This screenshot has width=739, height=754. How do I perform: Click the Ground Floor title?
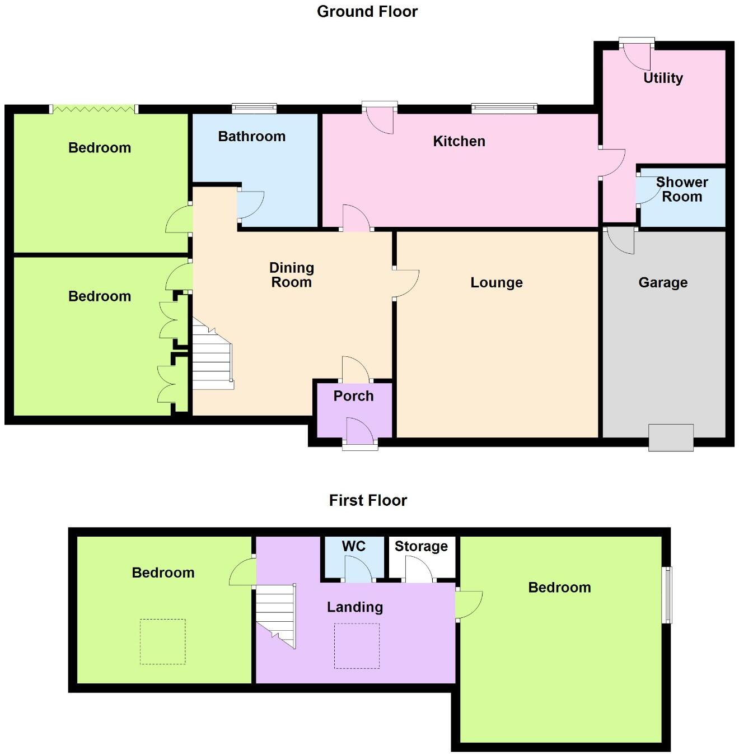pyautogui.click(x=367, y=11)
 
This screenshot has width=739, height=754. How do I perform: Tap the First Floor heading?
pyautogui.click(x=368, y=500)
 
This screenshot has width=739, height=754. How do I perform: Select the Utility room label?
pyautogui.click(x=663, y=78)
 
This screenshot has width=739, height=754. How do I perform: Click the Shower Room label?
pyautogui.click(x=681, y=189)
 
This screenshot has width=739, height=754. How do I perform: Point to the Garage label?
pyautogui.click(x=663, y=282)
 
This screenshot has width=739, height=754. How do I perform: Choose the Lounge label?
pyautogui.click(x=496, y=282)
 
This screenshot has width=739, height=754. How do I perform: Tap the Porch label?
pyautogui.click(x=353, y=396)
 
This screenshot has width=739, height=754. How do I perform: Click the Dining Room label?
pyautogui.click(x=291, y=275)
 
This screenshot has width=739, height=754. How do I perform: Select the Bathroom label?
pyautogui.click(x=251, y=136)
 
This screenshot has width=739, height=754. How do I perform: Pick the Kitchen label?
pyautogui.click(x=459, y=141)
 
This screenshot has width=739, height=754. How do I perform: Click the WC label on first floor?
pyautogui.click(x=353, y=546)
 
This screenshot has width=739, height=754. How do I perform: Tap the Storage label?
pyautogui.click(x=421, y=546)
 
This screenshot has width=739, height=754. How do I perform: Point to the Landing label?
pyautogui.click(x=355, y=607)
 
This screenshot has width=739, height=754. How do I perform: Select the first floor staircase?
pyautogui.click(x=275, y=614)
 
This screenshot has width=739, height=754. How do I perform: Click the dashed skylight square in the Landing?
pyautogui.click(x=357, y=645)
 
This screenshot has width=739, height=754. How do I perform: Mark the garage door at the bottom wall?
pyautogui.click(x=671, y=437)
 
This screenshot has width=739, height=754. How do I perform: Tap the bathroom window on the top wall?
pyautogui.click(x=254, y=108)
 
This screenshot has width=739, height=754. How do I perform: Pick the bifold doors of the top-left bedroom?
pyautogui.click(x=93, y=109)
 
